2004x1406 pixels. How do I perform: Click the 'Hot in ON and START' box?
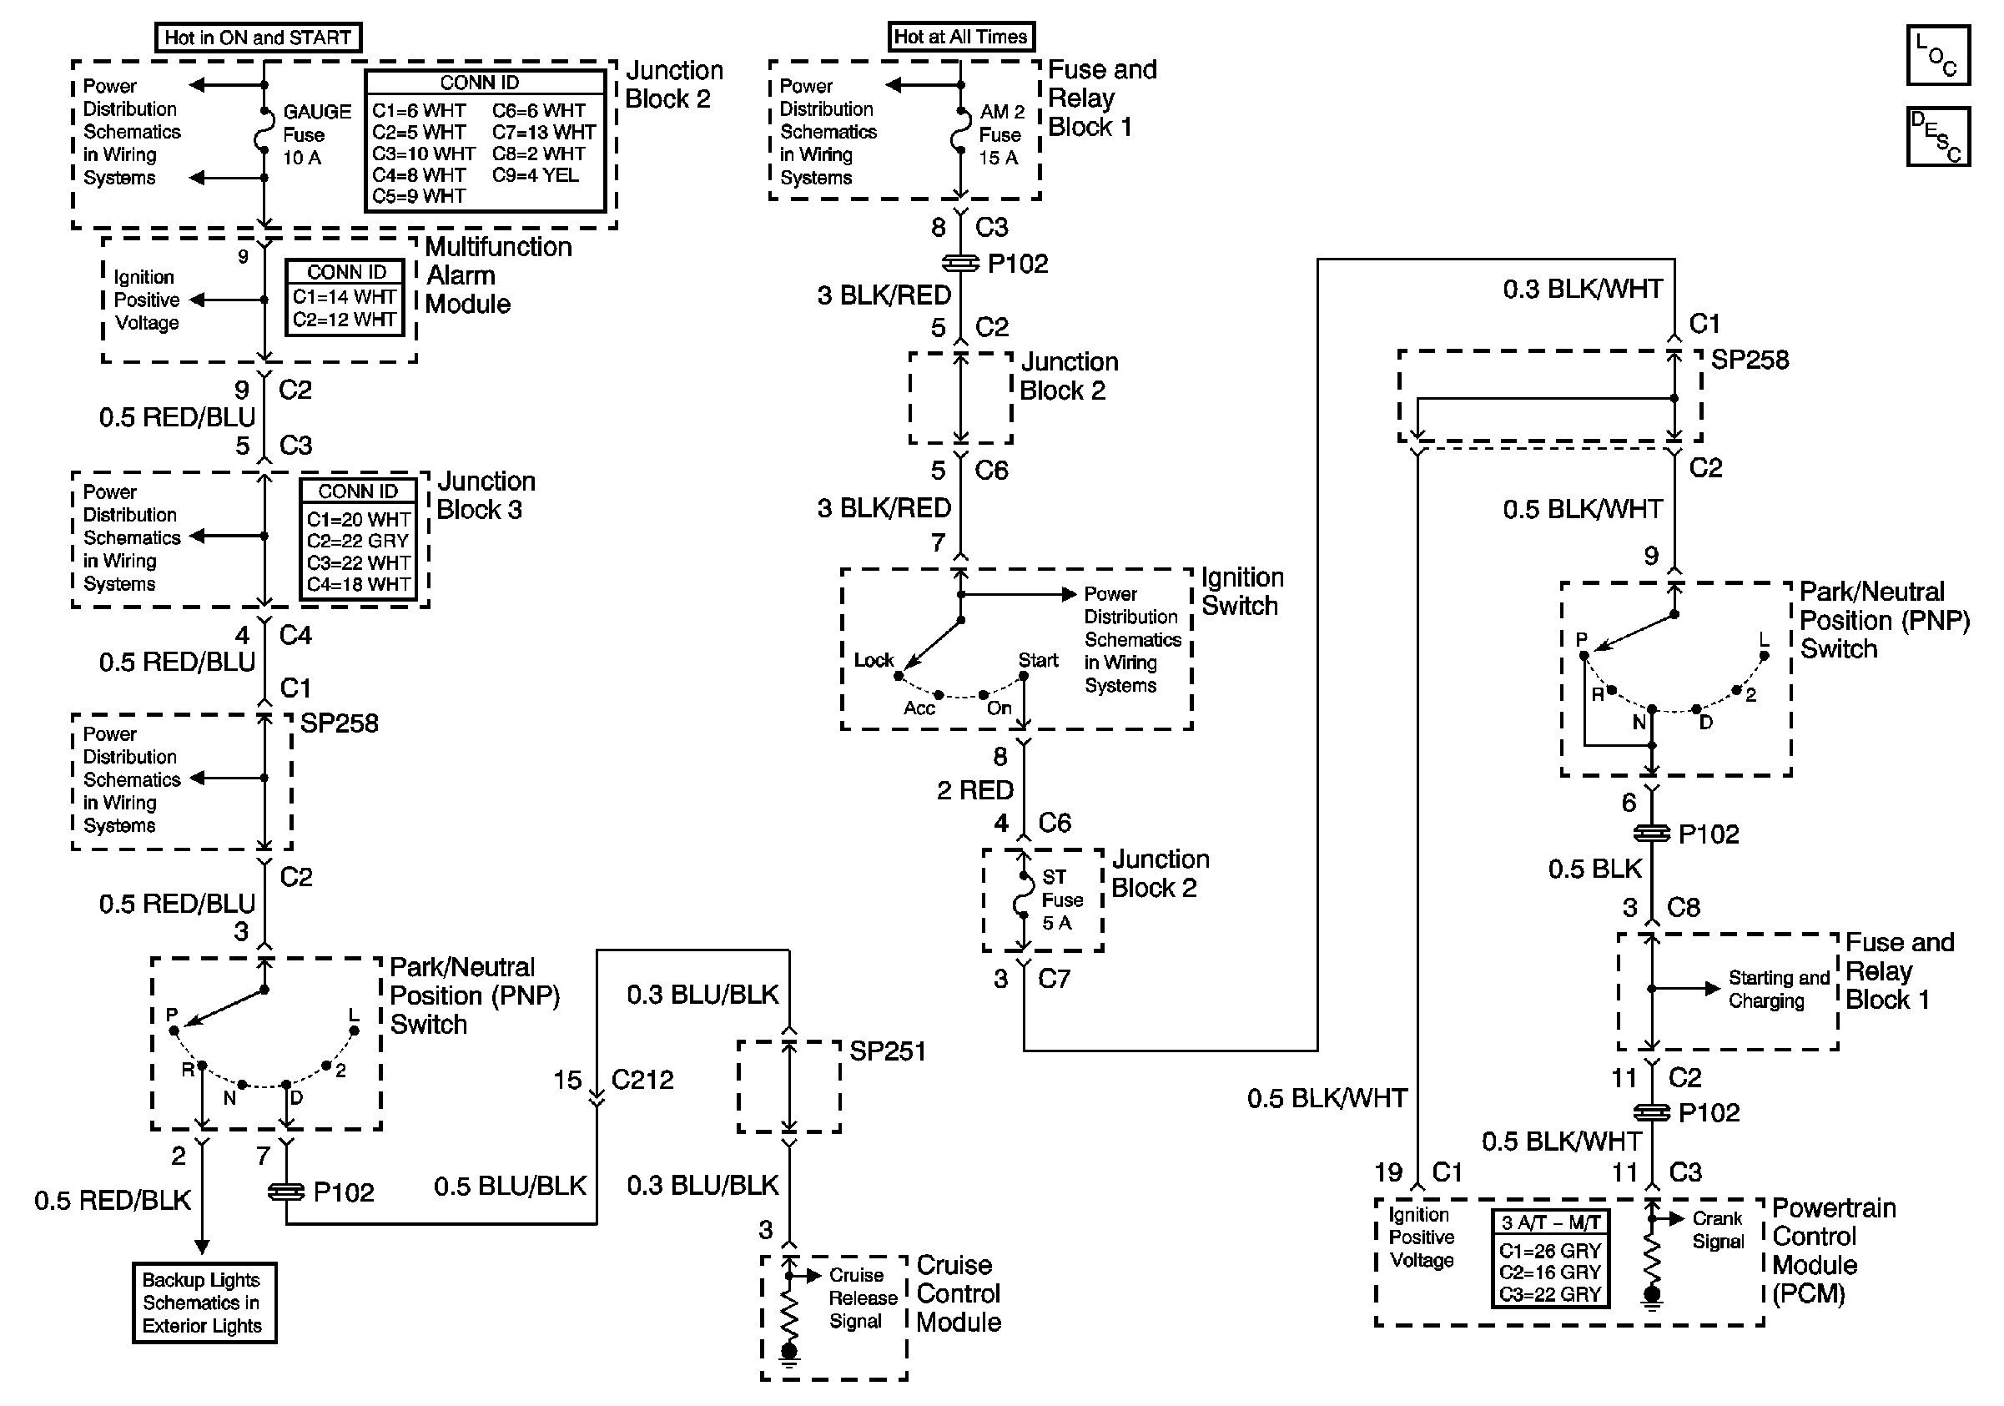(258, 38)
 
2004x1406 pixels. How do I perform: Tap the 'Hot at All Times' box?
(961, 37)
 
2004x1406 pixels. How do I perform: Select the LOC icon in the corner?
(1937, 55)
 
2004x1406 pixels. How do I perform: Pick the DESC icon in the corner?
(1937, 136)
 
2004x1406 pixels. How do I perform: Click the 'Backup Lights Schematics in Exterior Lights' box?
(204, 1303)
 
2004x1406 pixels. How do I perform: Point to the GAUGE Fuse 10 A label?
(315, 134)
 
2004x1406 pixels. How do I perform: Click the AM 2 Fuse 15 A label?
(1000, 134)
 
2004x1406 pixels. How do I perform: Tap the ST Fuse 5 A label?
(1061, 900)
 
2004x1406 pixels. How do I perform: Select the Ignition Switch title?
(1241, 592)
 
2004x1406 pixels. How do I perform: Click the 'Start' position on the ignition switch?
(1038, 661)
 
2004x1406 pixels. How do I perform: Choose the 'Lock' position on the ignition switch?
(874, 661)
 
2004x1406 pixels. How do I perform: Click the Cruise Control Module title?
(959, 1293)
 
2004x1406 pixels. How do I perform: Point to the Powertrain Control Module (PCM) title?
(1833, 1251)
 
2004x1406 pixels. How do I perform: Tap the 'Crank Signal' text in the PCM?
(1718, 1230)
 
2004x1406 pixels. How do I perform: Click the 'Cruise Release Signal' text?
(863, 1298)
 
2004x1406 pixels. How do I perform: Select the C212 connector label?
(642, 1080)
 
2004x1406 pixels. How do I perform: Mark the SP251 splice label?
(887, 1051)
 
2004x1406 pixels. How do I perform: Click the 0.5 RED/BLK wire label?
(113, 1201)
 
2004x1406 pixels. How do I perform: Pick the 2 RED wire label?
(975, 791)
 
